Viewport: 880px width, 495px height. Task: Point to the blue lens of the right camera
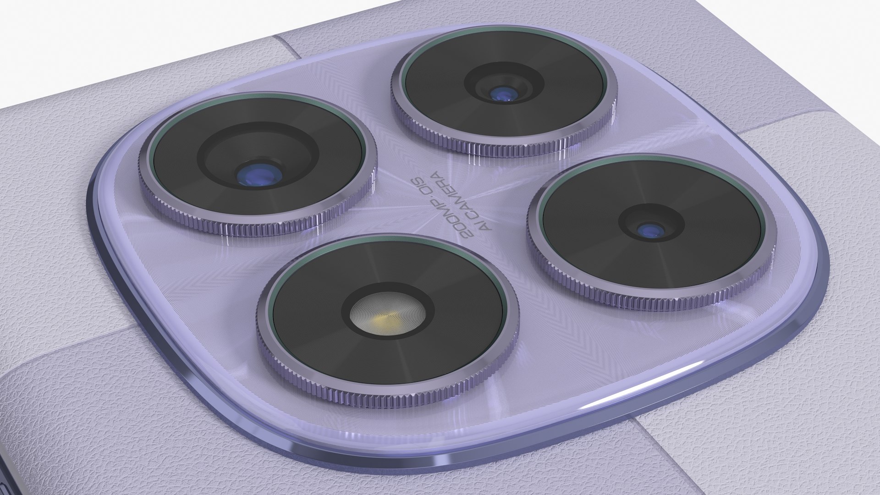[x=650, y=230]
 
